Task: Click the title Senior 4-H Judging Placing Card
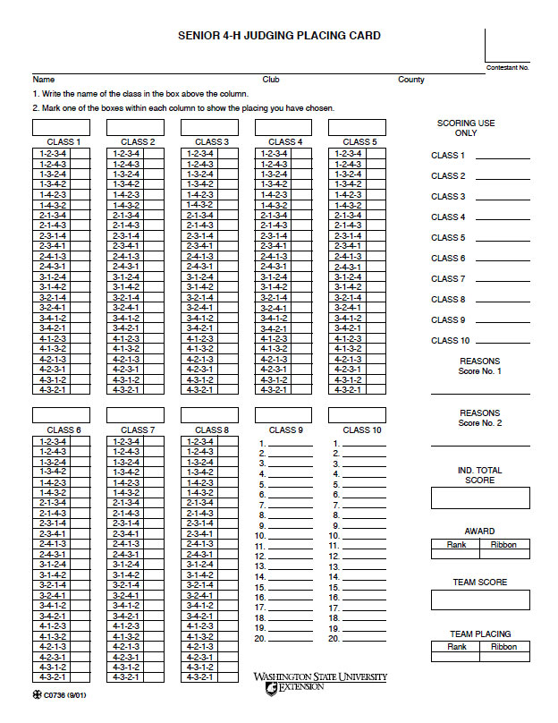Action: [279, 36]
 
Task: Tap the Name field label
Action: [44, 80]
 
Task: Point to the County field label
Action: [411, 80]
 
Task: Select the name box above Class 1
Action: [62, 128]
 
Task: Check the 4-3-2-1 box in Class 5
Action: [379, 389]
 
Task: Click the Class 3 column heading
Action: [212, 141]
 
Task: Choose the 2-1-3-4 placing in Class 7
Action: [156, 503]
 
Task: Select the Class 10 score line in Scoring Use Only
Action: [503, 341]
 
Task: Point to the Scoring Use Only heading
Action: [466, 128]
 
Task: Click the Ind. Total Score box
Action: [480, 498]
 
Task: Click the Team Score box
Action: [480, 600]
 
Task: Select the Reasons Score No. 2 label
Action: [480, 418]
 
